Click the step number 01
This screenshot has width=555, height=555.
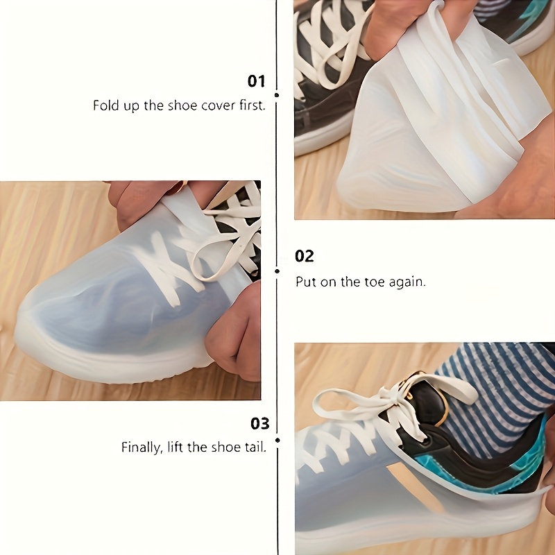(x=257, y=81)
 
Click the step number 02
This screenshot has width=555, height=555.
(x=305, y=256)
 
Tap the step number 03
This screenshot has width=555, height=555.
(x=259, y=423)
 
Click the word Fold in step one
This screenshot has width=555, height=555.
(x=105, y=106)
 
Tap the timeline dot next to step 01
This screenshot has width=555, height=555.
(x=277, y=94)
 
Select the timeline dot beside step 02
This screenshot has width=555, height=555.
(x=277, y=271)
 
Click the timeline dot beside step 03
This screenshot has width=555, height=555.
(x=277, y=439)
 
